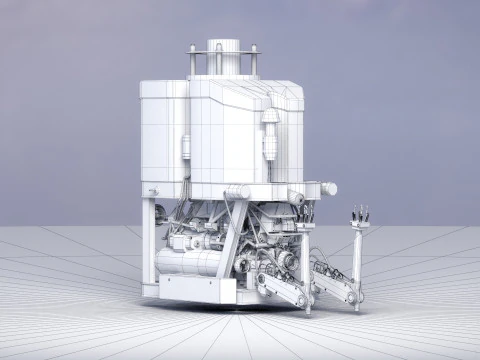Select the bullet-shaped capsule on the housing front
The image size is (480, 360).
(x=269, y=134)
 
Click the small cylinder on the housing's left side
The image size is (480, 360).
(x=186, y=148)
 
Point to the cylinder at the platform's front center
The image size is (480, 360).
(x=238, y=192)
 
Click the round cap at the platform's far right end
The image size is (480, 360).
(x=329, y=188)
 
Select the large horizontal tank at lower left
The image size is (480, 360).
(x=189, y=262)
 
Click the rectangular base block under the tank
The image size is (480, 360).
(x=196, y=289)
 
